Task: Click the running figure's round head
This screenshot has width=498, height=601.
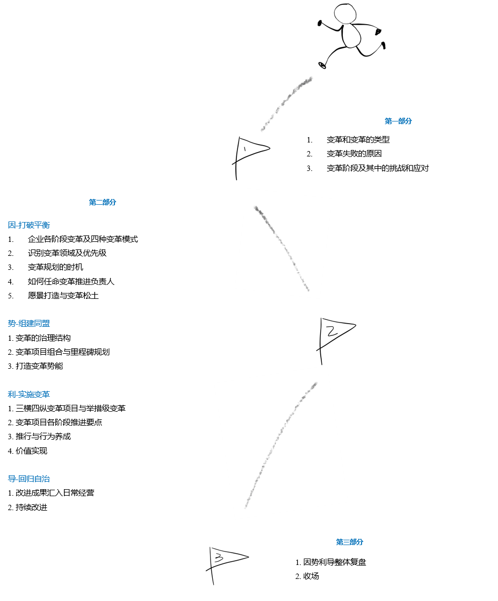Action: (345, 13)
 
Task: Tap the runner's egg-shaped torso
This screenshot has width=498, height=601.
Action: (351, 35)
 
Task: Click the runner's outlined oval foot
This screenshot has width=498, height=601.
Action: (322, 65)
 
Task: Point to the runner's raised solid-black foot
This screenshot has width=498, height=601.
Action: (384, 45)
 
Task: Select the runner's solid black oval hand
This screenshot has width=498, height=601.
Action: (320, 23)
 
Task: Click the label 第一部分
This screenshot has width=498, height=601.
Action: (398, 121)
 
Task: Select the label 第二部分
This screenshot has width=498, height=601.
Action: (102, 202)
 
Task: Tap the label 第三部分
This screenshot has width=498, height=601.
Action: (349, 542)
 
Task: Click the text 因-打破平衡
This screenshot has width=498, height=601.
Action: (28, 225)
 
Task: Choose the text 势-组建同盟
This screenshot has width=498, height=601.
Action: (28, 324)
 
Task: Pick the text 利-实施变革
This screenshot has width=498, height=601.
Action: (28, 395)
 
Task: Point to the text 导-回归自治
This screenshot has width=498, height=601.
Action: (28, 479)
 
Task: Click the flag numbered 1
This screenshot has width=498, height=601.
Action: (249, 155)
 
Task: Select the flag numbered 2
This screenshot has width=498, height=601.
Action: (335, 339)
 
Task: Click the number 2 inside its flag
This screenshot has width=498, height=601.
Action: (331, 331)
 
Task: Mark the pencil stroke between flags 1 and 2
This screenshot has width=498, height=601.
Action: (282, 248)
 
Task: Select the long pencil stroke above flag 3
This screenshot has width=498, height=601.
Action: (281, 444)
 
